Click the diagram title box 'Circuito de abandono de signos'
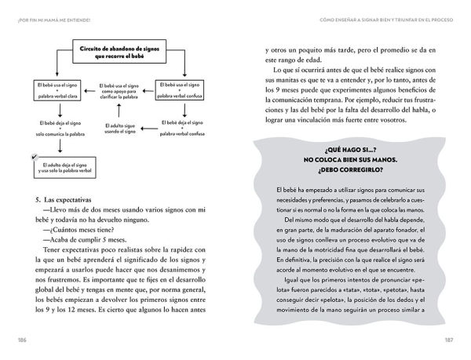click(114, 52)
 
